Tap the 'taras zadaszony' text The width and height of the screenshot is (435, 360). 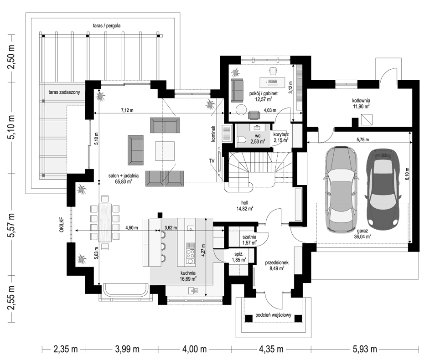64,93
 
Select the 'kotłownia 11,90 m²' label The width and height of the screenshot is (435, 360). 361,103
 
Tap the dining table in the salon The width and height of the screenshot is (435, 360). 105,222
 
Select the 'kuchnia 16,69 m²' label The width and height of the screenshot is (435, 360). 188,275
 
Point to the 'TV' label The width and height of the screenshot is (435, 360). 212,161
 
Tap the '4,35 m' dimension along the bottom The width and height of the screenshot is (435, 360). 271,350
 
